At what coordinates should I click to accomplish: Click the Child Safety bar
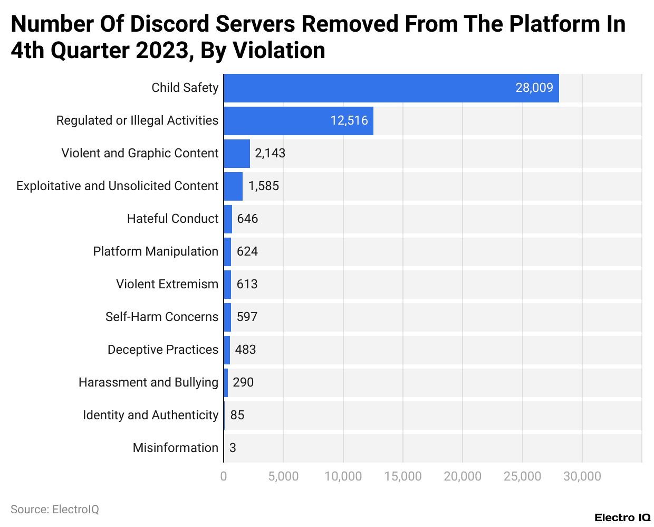(x=391, y=88)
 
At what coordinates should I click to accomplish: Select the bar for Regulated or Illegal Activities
(x=298, y=121)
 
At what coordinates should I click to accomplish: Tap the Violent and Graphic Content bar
(x=236, y=154)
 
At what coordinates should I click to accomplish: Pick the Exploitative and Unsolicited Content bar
(x=233, y=186)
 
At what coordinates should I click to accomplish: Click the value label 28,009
(x=534, y=88)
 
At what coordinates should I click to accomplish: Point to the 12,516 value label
(x=349, y=120)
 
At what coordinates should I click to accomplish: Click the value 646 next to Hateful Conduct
(x=247, y=219)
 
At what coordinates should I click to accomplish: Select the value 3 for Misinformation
(x=233, y=448)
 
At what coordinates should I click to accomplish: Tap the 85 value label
(x=237, y=415)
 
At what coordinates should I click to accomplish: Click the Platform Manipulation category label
(x=156, y=251)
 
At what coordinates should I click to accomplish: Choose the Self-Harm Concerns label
(x=162, y=317)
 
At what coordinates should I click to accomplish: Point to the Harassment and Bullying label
(x=148, y=382)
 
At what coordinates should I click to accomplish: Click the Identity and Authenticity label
(x=150, y=415)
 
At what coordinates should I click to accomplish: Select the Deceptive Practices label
(x=163, y=350)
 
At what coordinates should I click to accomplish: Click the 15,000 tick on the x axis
(x=402, y=476)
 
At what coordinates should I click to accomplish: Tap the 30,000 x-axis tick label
(x=582, y=476)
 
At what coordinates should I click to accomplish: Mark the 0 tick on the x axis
(x=224, y=476)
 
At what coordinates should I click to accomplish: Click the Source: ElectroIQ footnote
(x=55, y=510)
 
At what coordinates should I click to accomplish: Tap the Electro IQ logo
(x=622, y=517)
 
